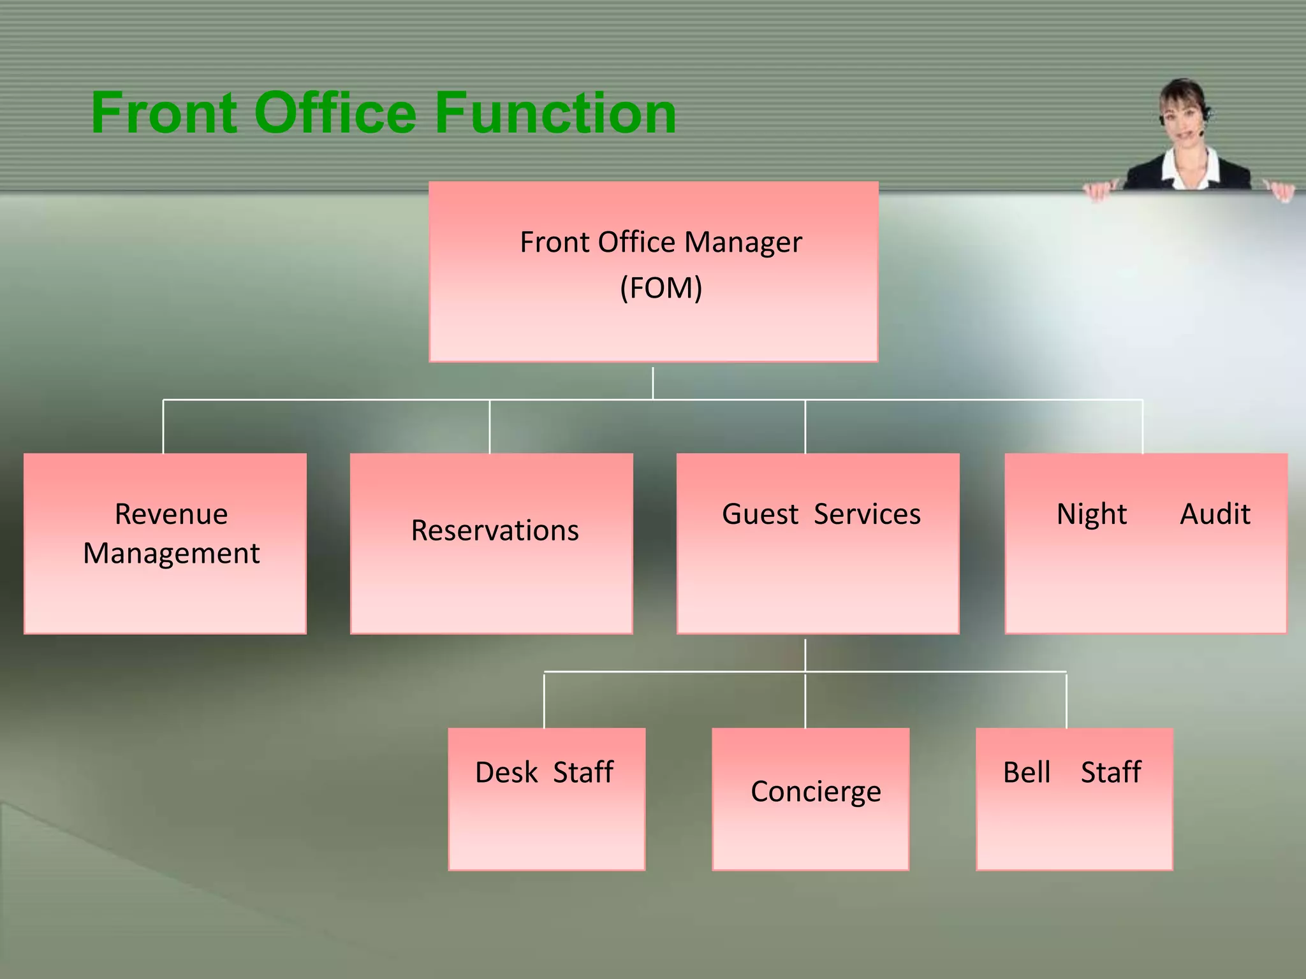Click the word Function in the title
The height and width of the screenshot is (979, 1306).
555,113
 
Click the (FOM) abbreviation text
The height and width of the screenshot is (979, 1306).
661,288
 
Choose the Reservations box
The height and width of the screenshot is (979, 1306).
492,543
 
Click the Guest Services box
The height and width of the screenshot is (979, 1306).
818,543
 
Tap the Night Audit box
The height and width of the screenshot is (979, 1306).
1146,543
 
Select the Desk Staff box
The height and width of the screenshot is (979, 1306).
547,799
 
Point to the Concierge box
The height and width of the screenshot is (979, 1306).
811,799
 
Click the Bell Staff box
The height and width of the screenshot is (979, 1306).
1075,799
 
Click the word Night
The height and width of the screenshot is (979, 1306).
1092,514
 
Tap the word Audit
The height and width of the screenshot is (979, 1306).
1215,514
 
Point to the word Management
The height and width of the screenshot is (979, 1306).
172,553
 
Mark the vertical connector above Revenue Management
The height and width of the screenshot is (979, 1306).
163,427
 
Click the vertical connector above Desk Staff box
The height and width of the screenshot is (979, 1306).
544,700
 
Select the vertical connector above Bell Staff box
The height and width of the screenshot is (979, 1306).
1066,700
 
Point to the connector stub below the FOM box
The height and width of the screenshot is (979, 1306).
653,382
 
